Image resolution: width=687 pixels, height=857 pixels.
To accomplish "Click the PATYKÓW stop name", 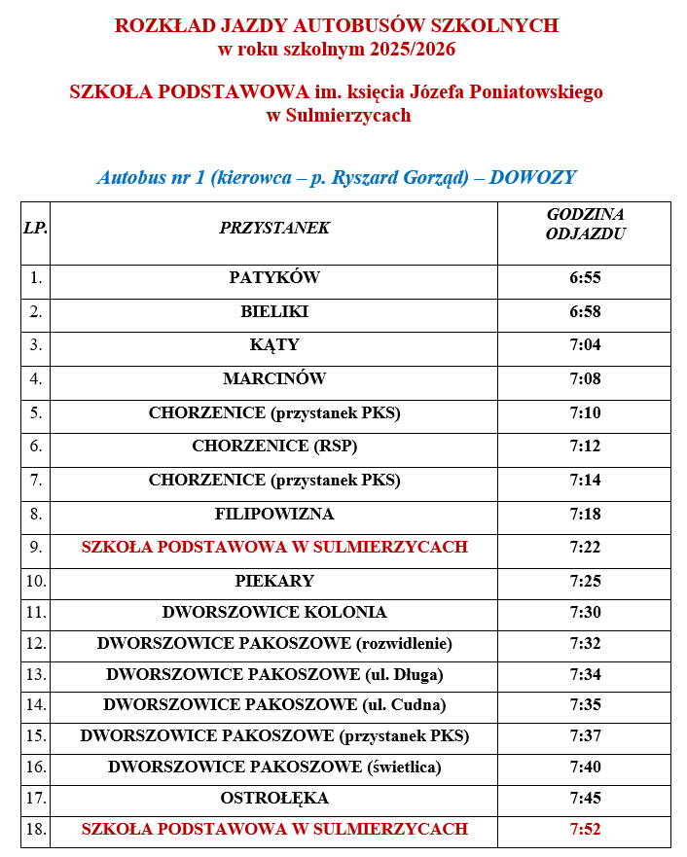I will pos(274,278).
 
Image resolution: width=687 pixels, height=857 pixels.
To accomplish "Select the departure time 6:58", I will pos(585,312).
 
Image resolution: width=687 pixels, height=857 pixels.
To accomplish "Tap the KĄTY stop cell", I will pos(274,345).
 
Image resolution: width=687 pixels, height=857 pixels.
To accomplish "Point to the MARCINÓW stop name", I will pos(274,379).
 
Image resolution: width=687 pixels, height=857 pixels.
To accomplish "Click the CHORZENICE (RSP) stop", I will pos(274,446).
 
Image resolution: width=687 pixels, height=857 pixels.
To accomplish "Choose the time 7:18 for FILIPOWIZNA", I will pos(585,514).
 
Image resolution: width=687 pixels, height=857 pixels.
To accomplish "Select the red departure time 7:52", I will pos(585,830).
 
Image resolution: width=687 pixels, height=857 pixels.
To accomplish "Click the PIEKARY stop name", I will pos(274,582).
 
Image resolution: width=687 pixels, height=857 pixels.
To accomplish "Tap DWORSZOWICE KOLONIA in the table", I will pos(274,613).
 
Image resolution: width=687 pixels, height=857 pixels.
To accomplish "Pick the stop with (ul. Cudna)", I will pos(274,705).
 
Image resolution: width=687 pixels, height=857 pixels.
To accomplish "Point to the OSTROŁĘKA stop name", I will pos(274,799).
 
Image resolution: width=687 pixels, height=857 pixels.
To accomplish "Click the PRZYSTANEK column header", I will pos(274,229).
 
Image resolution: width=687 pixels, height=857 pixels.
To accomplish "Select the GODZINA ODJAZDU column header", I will pos(585,224).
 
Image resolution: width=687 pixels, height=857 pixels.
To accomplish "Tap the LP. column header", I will pos(35,229).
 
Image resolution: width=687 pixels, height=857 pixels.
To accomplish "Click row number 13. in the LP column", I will pos(36,674).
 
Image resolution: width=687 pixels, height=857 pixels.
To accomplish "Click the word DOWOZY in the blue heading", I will pos(532,178).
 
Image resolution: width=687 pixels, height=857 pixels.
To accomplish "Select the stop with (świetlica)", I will pos(274,768).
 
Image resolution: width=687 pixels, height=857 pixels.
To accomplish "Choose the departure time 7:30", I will pos(585,613).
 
